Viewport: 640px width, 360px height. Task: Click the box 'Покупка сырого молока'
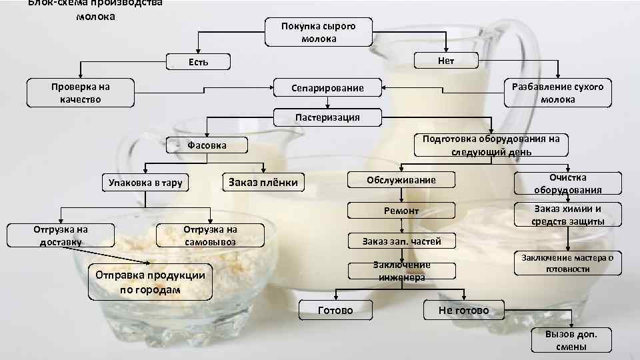[x=318, y=32]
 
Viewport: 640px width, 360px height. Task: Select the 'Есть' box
[x=197, y=62]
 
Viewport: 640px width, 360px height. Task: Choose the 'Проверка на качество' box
[x=81, y=93]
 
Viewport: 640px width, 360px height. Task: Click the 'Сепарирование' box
[x=327, y=88]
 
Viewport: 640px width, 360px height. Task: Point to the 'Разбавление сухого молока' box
[x=557, y=93]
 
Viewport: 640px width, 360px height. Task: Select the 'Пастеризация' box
[x=327, y=117]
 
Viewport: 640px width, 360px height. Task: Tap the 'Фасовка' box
[x=207, y=145]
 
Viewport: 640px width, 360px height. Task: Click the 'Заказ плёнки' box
[x=263, y=181]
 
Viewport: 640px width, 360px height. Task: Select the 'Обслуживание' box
[x=401, y=180]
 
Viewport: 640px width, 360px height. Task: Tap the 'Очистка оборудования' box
[x=567, y=183]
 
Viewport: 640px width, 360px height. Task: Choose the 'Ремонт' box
[x=401, y=211]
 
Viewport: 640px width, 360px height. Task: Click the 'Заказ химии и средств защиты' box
[x=567, y=215]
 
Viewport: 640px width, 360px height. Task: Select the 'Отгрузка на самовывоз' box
[x=210, y=235]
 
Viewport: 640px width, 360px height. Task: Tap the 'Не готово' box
[x=463, y=311]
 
